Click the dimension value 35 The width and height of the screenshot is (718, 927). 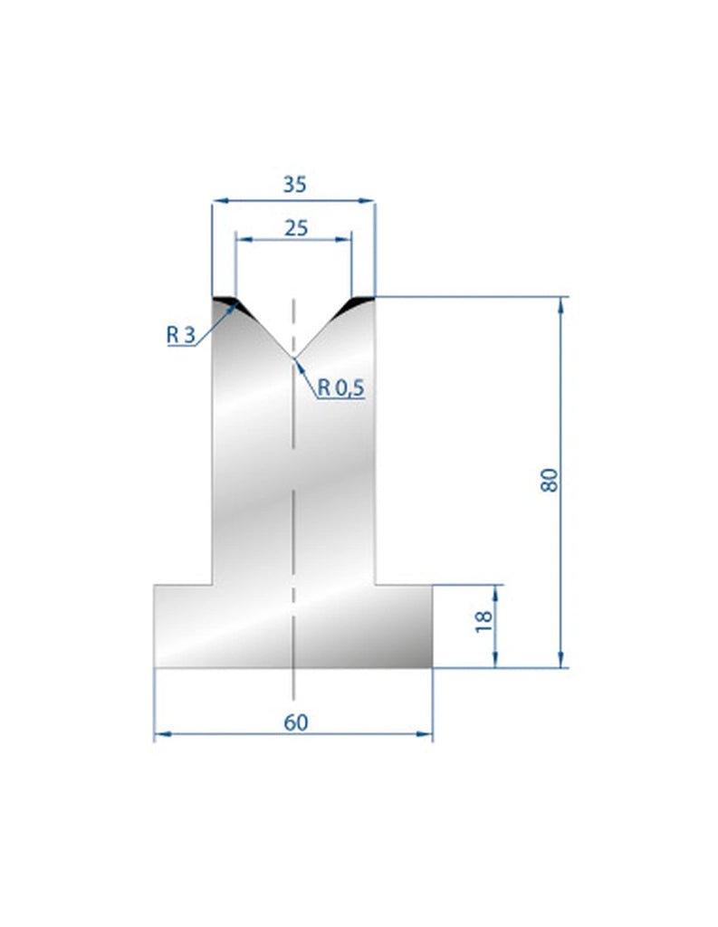point(293,184)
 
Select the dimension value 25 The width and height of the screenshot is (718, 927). point(293,227)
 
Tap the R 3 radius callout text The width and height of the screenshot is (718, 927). point(180,334)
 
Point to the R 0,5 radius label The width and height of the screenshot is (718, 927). point(340,388)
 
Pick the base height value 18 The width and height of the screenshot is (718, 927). point(483,621)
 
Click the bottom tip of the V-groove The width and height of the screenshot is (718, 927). point(293,358)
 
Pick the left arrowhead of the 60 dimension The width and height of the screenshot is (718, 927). point(161,734)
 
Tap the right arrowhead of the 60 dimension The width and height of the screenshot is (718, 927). point(426,734)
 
